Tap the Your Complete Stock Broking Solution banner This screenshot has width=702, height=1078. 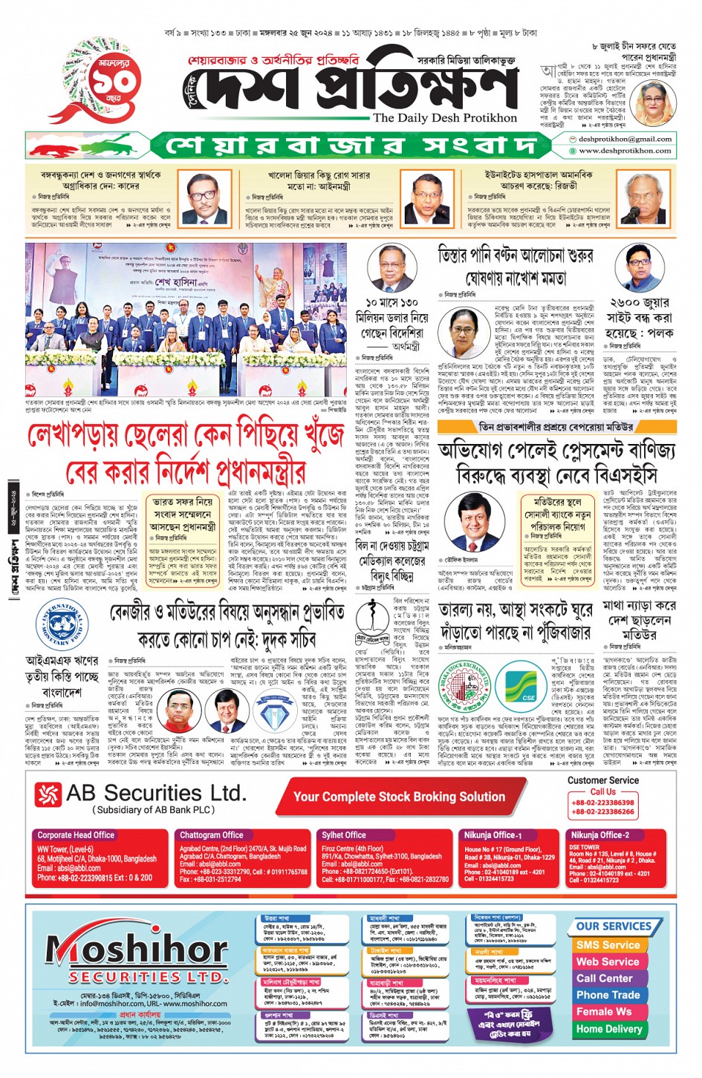point(399,797)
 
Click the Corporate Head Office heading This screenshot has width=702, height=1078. point(76,834)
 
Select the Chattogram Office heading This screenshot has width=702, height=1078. point(211,834)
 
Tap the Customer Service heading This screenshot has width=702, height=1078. point(602,780)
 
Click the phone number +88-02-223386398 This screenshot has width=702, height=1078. point(602,803)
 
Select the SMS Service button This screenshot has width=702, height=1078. point(608,945)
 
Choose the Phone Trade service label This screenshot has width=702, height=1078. point(608,995)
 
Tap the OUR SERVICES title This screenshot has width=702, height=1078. point(613,927)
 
